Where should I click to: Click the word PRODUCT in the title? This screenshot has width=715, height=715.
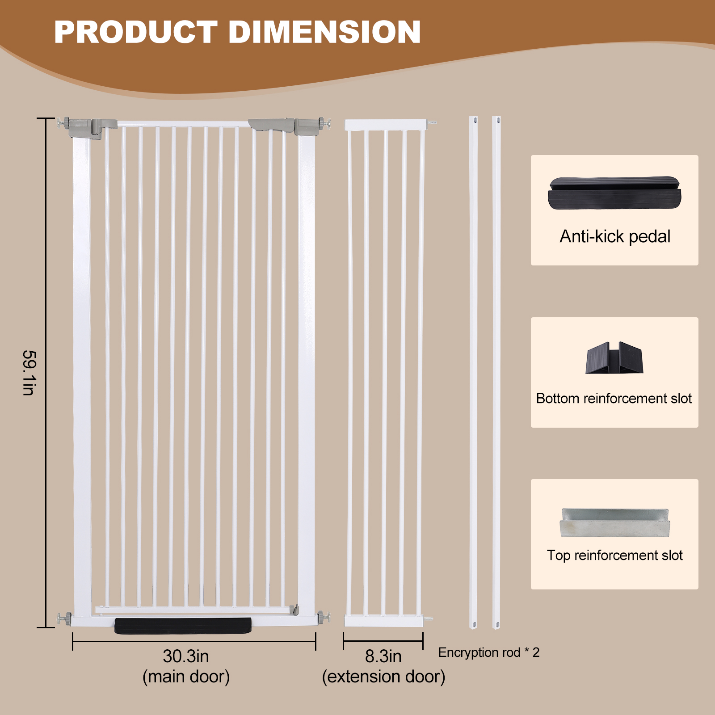(x=135, y=32)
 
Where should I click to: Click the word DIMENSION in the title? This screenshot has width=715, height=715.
(x=324, y=32)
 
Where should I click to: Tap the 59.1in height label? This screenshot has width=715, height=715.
(x=29, y=373)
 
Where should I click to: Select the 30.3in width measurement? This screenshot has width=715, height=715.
(x=186, y=656)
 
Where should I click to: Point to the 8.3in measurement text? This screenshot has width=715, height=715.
(x=383, y=656)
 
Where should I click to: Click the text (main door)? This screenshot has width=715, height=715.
(x=186, y=677)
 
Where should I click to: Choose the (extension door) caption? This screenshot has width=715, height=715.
(x=383, y=677)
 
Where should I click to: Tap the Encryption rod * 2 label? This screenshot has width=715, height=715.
(x=488, y=652)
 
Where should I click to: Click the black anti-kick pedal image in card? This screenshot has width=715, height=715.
(x=614, y=193)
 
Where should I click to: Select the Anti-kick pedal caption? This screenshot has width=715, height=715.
(x=614, y=236)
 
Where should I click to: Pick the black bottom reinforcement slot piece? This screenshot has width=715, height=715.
(x=614, y=358)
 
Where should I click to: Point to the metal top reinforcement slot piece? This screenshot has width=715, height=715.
(x=615, y=522)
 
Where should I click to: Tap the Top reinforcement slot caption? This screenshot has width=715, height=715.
(x=614, y=555)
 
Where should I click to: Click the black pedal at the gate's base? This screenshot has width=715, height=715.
(x=183, y=626)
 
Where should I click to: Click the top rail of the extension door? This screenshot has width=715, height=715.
(x=385, y=125)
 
